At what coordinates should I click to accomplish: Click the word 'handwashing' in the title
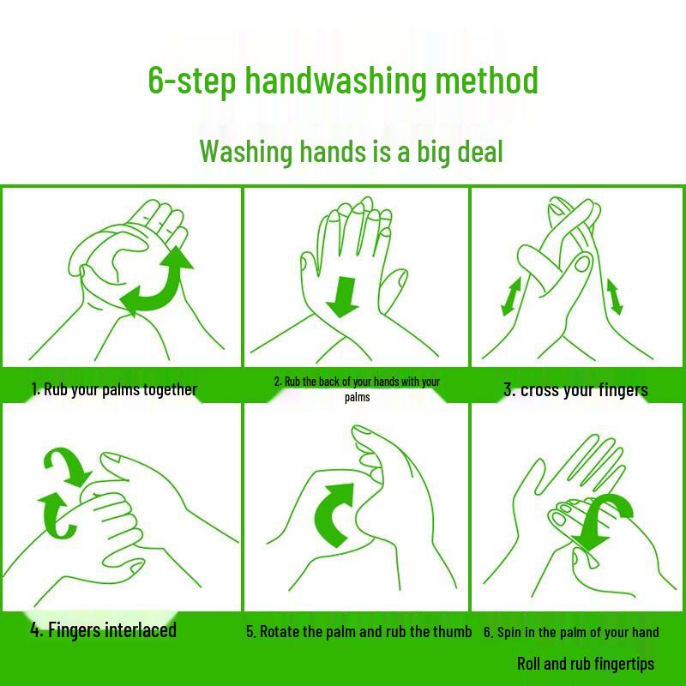(335, 81)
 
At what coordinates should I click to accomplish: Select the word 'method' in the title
(486, 81)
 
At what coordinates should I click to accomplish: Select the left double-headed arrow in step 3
(511, 297)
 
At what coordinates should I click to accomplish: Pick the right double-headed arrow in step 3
(615, 296)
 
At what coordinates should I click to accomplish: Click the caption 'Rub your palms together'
(120, 389)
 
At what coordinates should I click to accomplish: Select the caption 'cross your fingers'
(584, 390)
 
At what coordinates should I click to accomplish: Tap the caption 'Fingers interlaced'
(111, 630)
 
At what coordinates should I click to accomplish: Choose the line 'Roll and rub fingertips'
(586, 664)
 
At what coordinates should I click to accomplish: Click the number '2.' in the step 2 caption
(278, 382)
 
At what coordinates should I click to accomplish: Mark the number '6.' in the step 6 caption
(488, 633)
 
